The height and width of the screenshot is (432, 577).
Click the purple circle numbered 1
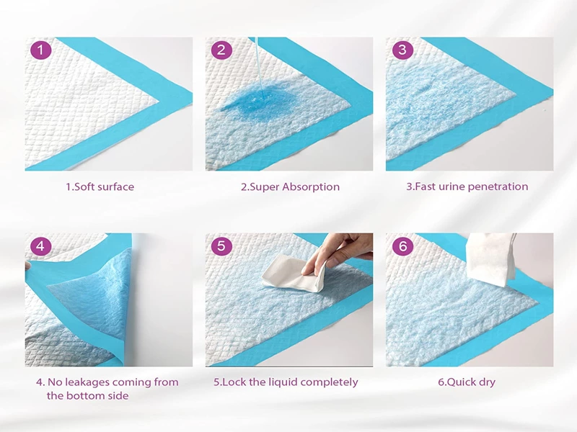coord(40,50)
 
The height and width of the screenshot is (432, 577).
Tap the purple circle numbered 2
coord(221,50)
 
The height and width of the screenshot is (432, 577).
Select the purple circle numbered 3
coord(402,50)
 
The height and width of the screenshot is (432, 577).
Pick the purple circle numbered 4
coord(40,246)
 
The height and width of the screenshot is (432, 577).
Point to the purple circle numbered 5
coord(221,246)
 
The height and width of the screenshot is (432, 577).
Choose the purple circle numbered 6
coord(402,246)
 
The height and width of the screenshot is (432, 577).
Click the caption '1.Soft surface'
coord(100,187)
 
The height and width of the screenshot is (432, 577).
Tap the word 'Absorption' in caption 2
coord(311,187)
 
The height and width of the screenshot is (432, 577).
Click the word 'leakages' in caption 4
coord(87,382)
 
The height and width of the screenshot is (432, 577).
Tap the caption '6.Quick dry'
coord(467,382)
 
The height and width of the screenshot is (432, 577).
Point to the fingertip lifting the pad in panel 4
coord(27,265)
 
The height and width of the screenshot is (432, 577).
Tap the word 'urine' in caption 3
coord(454,187)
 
